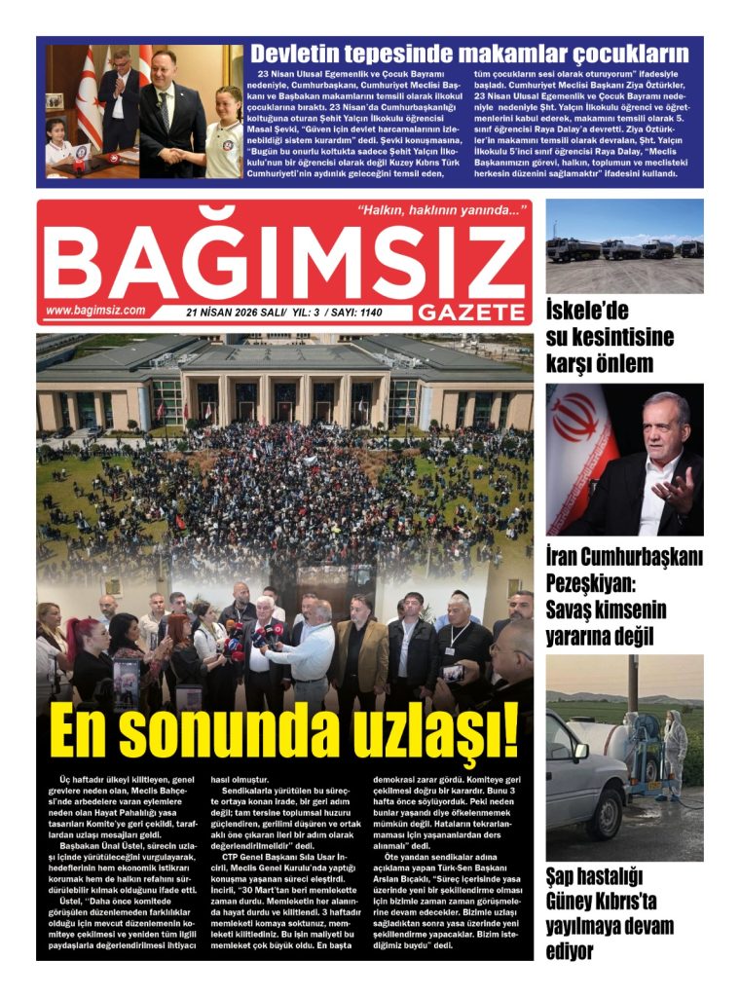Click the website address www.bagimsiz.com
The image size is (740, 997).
click(95, 311)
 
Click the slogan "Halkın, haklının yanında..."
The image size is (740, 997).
click(441, 209)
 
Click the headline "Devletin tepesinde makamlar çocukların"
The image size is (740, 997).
click(469, 54)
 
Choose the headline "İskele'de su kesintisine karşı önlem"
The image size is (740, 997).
click(610, 337)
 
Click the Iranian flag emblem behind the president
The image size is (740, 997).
click(577, 422)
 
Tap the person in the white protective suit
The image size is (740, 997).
click(673, 751)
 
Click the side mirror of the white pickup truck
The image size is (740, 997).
click(581, 752)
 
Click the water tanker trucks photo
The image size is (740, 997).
click(623, 246)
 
